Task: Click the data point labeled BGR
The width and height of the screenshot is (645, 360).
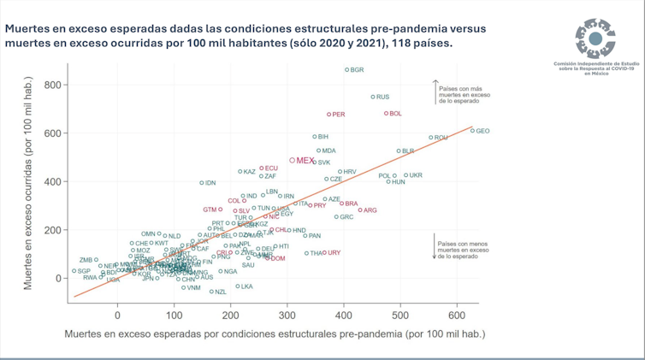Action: [346, 70]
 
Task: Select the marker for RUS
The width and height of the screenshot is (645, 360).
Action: [373, 97]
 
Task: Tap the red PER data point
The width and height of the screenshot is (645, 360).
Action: [329, 114]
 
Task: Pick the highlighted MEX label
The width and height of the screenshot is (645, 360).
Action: [305, 160]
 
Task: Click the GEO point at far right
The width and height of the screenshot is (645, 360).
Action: [472, 131]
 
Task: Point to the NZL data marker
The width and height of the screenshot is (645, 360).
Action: [211, 292]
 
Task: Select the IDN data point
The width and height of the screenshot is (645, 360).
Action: [202, 183]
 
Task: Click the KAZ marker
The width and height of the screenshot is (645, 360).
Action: [240, 172]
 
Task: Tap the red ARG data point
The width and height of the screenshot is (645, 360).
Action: [360, 210]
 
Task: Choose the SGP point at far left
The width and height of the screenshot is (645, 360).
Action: [74, 271]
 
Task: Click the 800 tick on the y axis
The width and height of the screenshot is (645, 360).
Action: [50, 86]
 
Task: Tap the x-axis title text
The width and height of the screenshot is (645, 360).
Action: [270, 334]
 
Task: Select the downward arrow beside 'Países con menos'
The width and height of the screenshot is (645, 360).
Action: [434, 246]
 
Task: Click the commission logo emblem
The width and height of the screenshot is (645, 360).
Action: [595, 38]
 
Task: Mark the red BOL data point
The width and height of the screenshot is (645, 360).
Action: [387, 114]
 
